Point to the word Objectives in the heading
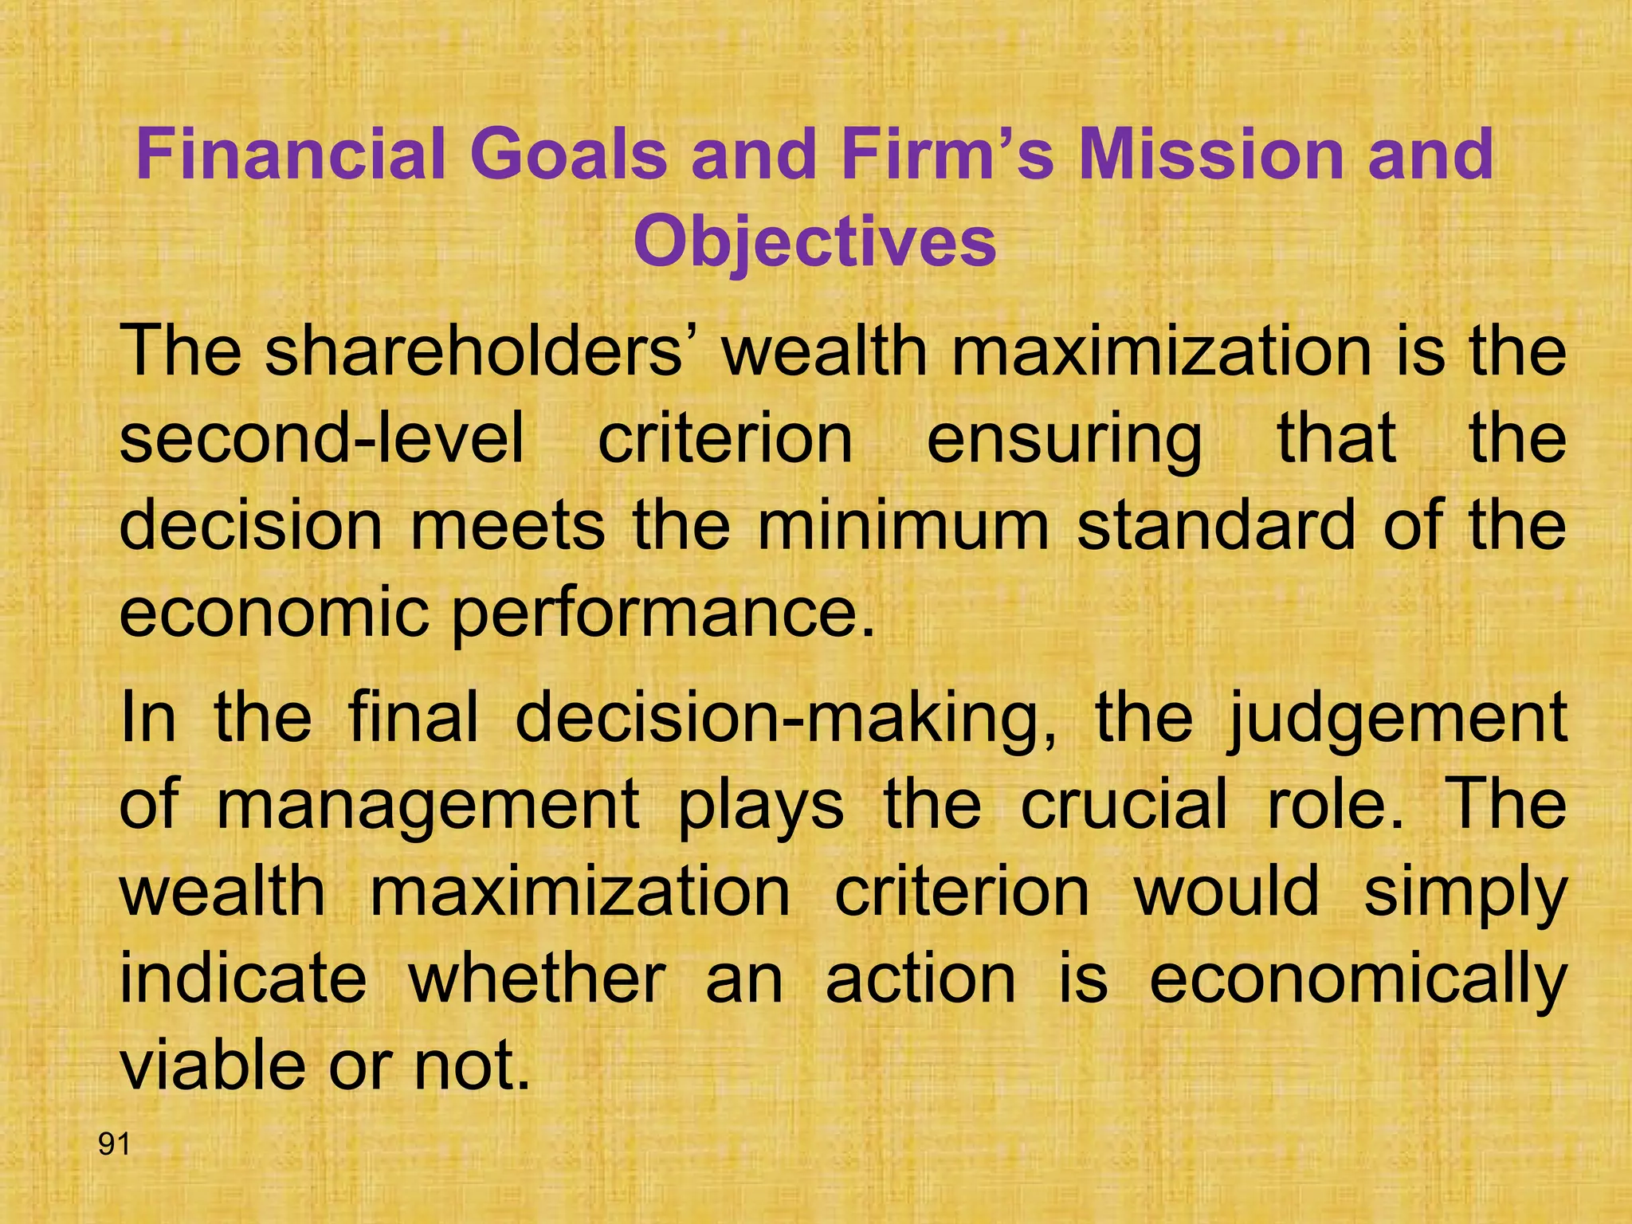tap(814, 242)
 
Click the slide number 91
tap(114, 1144)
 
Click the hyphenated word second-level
tap(322, 439)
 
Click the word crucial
tap(1124, 805)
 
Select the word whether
tap(537, 979)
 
